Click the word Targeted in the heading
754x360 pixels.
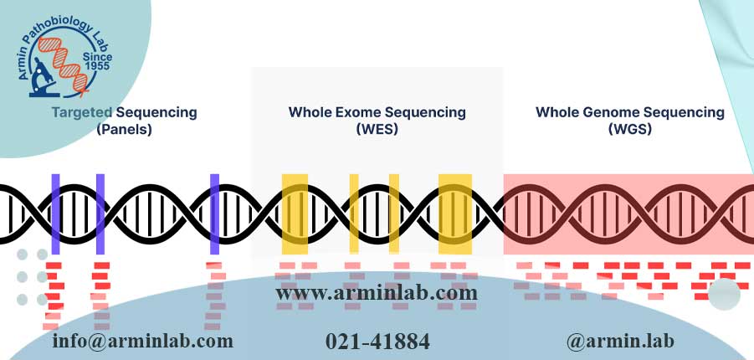pyautogui.click(x=83, y=111)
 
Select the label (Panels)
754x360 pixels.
pyautogui.click(x=124, y=130)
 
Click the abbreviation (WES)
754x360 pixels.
pyautogui.click(x=377, y=130)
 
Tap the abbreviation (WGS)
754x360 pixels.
pyautogui.click(x=629, y=130)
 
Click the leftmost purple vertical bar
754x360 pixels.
pyautogui.click(x=56, y=213)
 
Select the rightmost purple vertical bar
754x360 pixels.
pyautogui.click(x=214, y=213)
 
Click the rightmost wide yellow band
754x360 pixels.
pyautogui.click(x=455, y=213)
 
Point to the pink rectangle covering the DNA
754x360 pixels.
pyautogui.click(x=628, y=213)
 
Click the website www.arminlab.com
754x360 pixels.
pyautogui.click(x=377, y=293)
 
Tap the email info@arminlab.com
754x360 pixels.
pyautogui.click(x=142, y=341)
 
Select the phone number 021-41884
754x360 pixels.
pyautogui.click(x=377, y=341)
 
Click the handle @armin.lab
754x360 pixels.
pyautogui.click(x=620, y=341)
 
